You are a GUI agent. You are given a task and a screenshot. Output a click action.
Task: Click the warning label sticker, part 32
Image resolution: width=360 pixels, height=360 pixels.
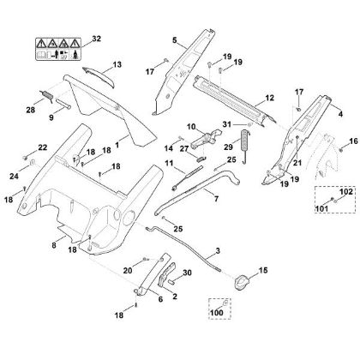point(58,49)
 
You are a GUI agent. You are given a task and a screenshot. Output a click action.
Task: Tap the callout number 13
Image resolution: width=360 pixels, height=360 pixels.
point(117,64)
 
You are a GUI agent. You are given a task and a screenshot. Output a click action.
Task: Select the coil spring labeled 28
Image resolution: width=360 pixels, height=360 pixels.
point(46,95)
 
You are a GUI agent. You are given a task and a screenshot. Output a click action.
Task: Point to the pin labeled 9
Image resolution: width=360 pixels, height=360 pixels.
point(63,103)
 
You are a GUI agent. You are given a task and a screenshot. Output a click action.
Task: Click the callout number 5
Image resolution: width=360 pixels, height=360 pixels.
point(175,40)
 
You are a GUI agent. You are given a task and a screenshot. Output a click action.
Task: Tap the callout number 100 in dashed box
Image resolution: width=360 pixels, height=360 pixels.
point(217,313)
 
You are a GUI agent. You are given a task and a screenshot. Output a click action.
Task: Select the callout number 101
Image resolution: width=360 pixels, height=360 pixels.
point(321,208)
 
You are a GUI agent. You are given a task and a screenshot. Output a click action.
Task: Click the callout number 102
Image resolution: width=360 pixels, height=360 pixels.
point(346,191)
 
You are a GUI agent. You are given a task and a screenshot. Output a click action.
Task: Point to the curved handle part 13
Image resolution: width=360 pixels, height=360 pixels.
point(99,76)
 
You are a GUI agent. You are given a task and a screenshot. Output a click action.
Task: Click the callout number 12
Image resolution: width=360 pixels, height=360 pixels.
point(269,98)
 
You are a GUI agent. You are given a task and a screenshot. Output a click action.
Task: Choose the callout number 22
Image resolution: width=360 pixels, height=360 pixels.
point(42,147)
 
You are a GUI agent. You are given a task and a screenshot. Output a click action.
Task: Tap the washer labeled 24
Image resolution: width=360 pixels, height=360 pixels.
point(33,163)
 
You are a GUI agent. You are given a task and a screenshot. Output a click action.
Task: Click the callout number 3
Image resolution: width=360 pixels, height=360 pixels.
point(218,251)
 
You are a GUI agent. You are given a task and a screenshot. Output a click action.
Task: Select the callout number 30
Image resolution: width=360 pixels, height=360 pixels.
point(187,273)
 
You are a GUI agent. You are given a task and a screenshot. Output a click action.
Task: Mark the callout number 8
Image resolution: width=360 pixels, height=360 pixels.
point(54,245)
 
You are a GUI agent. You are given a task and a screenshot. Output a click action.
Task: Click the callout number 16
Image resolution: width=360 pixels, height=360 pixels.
point(353,141)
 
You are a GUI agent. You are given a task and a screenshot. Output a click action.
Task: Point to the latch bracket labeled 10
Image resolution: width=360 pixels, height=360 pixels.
point(206,138)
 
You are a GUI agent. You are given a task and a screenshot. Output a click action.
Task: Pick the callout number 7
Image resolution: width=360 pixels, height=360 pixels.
point(216,198)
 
